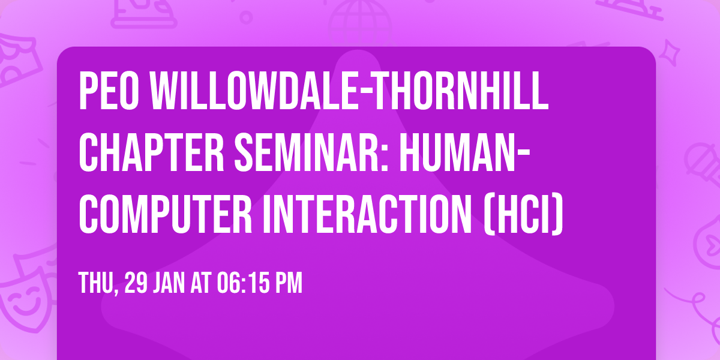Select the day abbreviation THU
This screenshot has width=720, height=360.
coord(96,283)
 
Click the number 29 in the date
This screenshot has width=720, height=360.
coord(134,283)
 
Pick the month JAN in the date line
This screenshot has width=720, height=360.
coord(171,283)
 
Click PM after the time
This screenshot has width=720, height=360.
coord(289,283)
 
